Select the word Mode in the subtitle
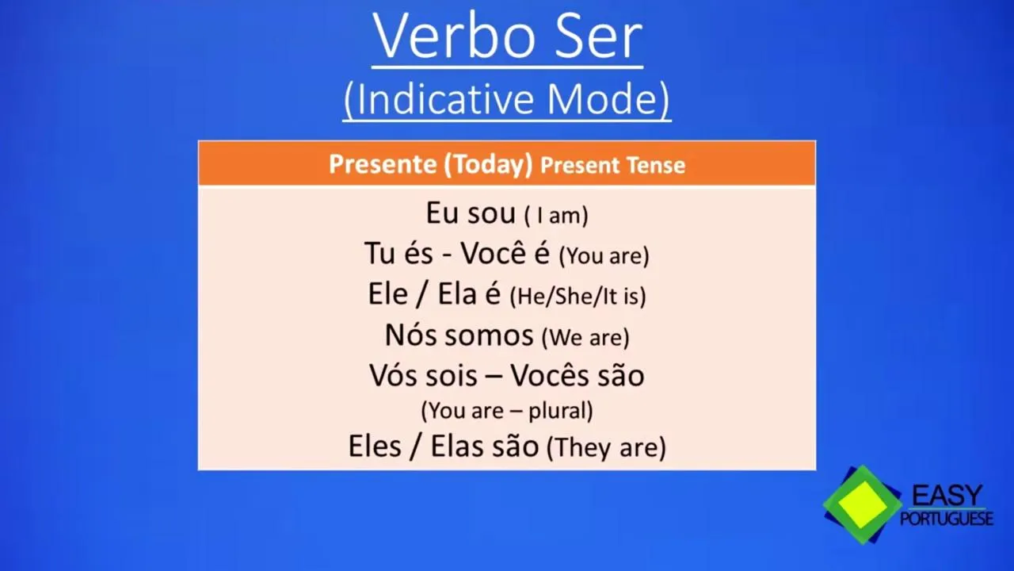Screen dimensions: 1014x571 601,99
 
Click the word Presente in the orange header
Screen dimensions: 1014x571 383,164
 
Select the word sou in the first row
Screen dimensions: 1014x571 492,213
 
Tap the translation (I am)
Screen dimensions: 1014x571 556,215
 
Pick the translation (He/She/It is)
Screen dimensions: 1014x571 578,297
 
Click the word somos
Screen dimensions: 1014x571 489,335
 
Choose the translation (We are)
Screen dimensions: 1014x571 585,338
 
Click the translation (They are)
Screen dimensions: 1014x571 607,448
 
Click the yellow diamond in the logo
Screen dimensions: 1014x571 863,504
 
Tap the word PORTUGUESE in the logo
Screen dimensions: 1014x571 947,519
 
